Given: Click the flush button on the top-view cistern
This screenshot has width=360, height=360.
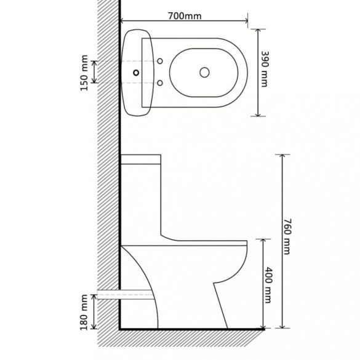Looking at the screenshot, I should (134, 73).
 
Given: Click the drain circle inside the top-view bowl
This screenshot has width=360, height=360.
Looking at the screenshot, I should (203, 73).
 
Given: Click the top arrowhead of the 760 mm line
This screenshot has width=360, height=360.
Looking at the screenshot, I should (282, 155).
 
